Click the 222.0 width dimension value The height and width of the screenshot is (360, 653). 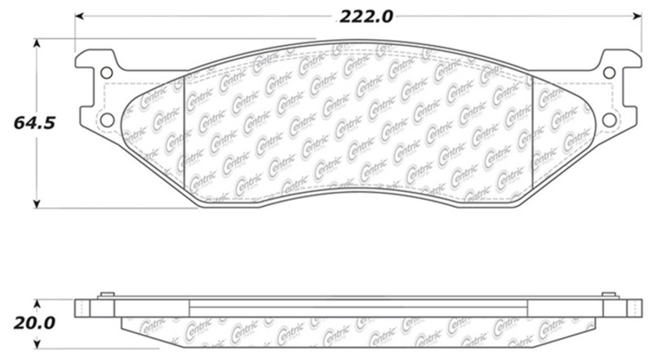[x=356, y=14]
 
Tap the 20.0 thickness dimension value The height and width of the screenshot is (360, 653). [x=33, y=322]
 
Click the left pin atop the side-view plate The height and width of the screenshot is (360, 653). [x=104, y=296]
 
